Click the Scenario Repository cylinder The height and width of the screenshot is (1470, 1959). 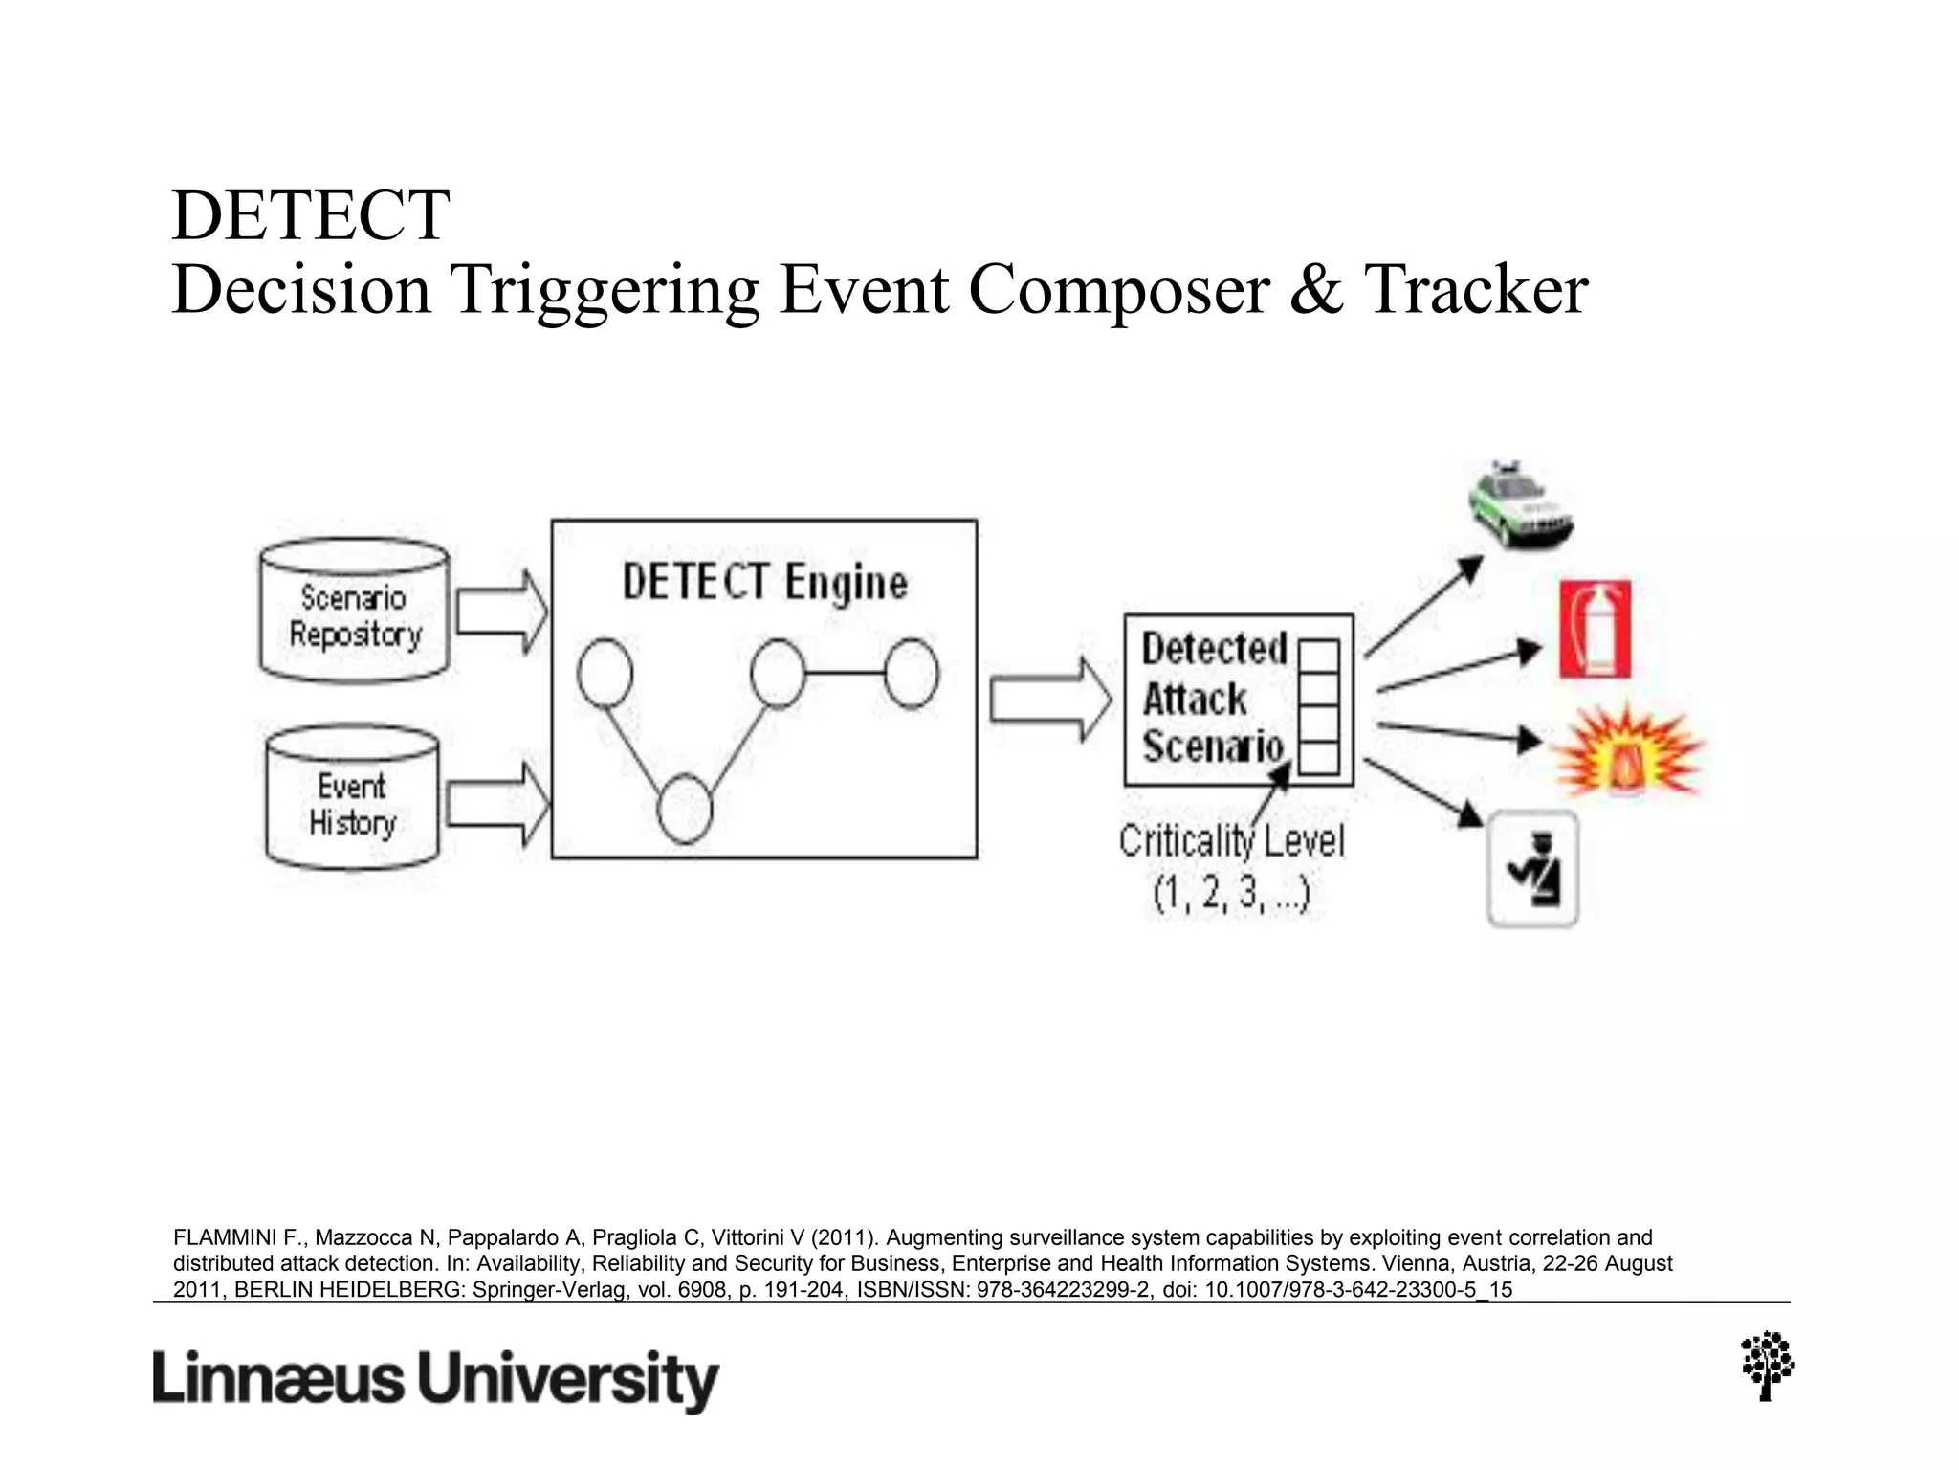[x=355, y=612]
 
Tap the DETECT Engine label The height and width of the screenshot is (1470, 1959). [x=764, y=582]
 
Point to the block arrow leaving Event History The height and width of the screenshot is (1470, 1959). [x=498, y=804]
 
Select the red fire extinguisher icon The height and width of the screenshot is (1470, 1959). [x=1595, y=630]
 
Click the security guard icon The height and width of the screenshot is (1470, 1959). [x=1532, y=869]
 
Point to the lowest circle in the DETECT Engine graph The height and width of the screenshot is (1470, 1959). [x=685, y=810]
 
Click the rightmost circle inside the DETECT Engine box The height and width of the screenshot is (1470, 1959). [x=911, y=674]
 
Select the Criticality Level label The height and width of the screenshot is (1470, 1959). [x=1231, y=842]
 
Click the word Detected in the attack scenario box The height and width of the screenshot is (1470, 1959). [x=1214, y=649]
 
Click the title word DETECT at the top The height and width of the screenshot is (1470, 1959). [x=311, y=215]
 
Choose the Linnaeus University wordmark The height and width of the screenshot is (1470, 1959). [x=435, y=1379]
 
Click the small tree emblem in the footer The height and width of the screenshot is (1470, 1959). [x=1768, y=1366]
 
